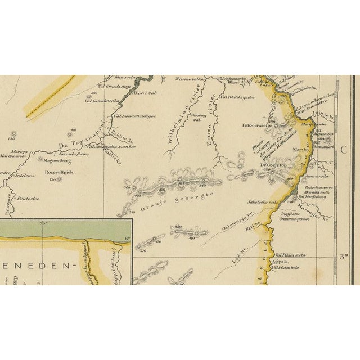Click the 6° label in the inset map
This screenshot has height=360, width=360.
pos(127,238)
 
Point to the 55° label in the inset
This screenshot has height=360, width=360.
pos(42,224)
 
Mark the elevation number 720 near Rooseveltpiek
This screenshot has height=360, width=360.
pos(52,180)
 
